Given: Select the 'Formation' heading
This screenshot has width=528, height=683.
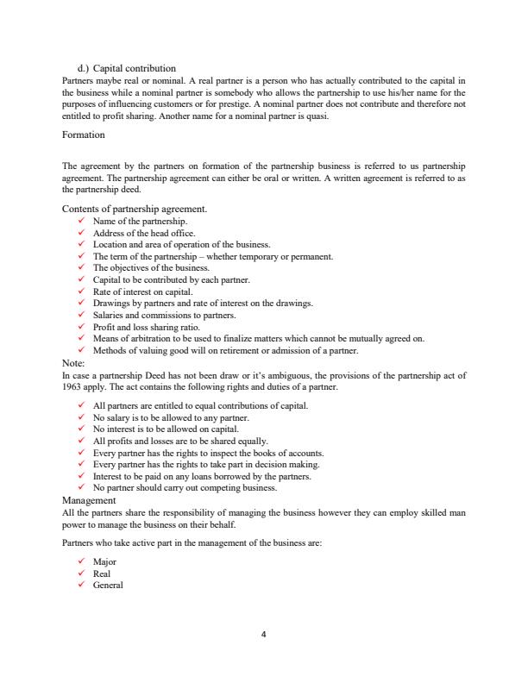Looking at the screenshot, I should (x=84, y=135).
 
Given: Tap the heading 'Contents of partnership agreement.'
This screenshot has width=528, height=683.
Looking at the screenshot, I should (x=135, y=209).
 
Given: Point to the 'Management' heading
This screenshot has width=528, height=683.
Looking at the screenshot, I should (x=90, y=500).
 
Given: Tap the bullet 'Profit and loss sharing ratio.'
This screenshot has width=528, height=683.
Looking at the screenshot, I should (x=146, y=328).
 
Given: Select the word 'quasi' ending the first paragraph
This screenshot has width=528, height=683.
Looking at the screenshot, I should (x=317, y=116).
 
